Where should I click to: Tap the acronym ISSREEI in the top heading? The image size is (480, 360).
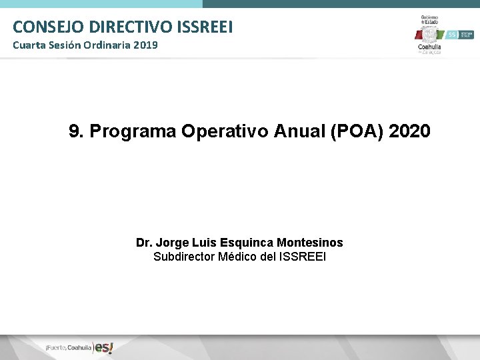tap(206, 27)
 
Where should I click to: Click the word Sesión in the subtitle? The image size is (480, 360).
tap(63, 45)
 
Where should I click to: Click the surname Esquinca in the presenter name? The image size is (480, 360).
tap(249, 243)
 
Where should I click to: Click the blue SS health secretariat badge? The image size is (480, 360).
tap(451, 34)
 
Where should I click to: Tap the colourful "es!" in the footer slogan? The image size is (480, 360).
tap(103, 347)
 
